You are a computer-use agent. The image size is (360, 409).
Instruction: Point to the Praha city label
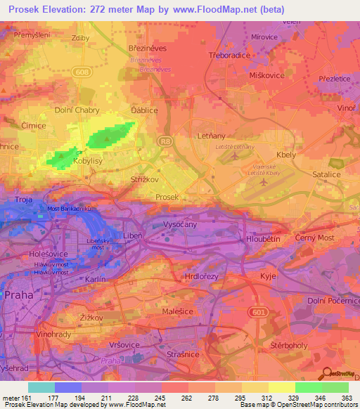[19, 296]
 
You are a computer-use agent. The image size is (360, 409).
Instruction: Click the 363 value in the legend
[347, 398]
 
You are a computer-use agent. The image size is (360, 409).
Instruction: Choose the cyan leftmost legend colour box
[41, 387]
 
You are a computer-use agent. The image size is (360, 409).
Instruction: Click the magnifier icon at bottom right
[326, 372]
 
